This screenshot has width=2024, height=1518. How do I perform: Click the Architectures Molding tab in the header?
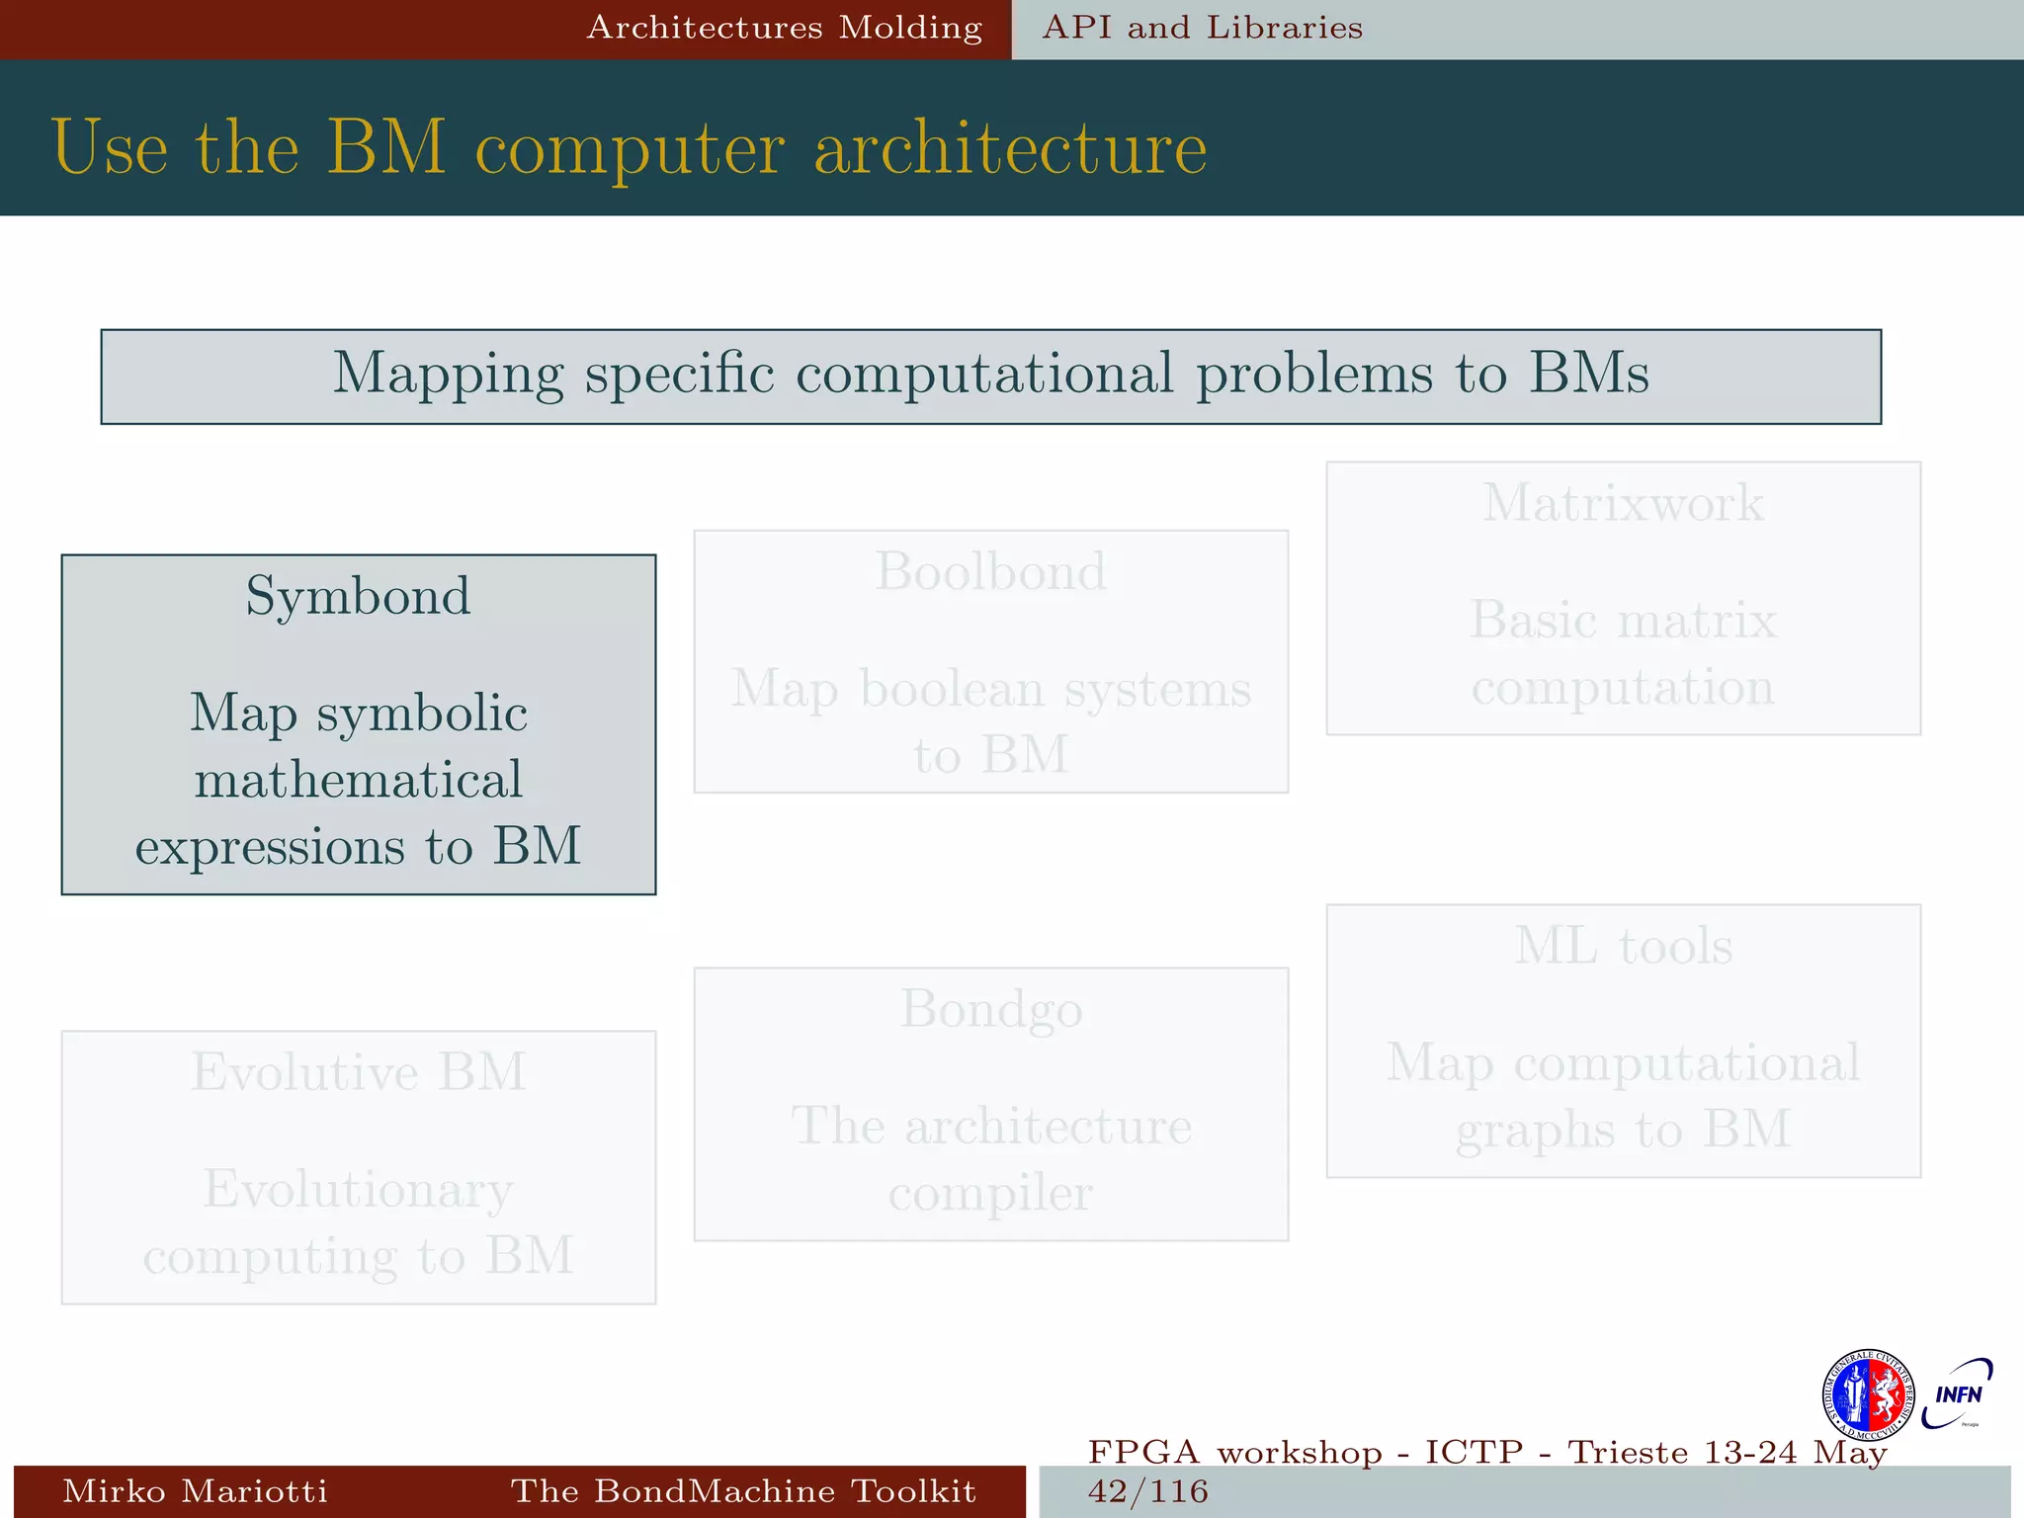784,28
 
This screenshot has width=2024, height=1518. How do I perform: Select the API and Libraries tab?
1202,28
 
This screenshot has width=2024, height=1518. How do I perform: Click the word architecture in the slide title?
1010,148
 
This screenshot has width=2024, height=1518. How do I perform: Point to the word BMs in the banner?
1589,374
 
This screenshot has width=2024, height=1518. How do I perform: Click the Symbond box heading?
358,596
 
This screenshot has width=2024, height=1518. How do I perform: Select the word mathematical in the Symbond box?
358,780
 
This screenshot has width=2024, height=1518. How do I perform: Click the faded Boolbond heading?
990,571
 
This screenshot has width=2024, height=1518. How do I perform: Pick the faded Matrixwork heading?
1623,503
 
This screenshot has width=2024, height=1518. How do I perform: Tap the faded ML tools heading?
1623,946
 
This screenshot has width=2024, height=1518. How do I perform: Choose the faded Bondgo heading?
990,1010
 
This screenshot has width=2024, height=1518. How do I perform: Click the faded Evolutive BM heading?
358,1072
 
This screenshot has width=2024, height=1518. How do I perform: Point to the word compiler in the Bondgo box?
990,1193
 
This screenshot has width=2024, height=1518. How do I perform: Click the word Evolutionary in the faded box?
358,1189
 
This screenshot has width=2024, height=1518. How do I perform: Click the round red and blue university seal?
1867,1394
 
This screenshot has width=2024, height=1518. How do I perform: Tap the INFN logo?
1957,1393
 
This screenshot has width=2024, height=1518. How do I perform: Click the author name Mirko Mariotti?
195,1490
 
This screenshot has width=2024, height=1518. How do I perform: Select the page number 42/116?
1147,1490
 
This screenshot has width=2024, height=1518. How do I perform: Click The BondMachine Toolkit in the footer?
743,1490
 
